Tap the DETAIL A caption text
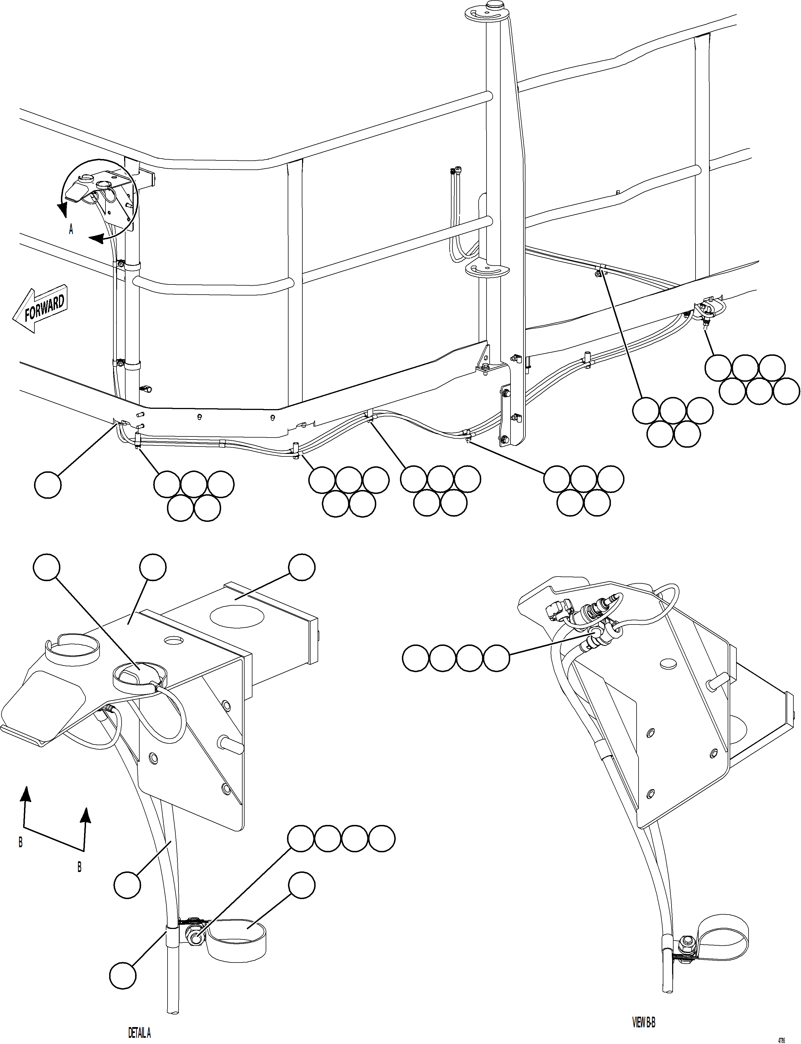tap(139, 1029)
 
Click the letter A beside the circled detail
tap(71, 230)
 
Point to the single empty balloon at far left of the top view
tap(48, 485)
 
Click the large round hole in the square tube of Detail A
tap(237, 616)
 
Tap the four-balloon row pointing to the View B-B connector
tap(456, 659)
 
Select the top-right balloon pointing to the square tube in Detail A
tap(302, 567)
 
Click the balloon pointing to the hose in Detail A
tap(127, 885)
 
